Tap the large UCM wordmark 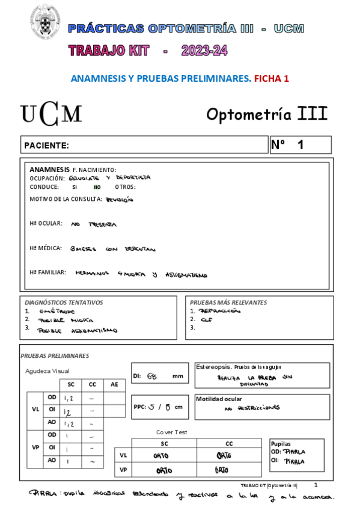(51, 114)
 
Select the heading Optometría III (267, 114)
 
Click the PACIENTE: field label (46, 146)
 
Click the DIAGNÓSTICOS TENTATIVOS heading (64, 303)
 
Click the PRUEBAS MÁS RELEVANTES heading (228, 303)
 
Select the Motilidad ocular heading (219, 399)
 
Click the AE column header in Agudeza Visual (114, 384)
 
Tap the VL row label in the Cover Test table (124, 455)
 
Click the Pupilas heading (281, 443)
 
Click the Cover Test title (172, 432)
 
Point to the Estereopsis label (213, 366)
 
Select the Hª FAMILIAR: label (47, 272)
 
